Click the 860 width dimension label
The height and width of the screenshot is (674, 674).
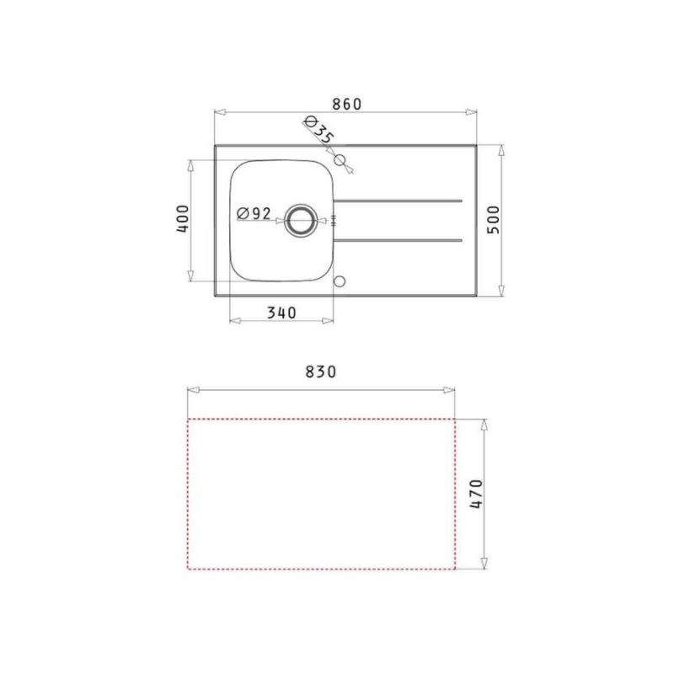[x=347, y=104]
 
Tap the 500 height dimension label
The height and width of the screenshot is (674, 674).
[x=494, y=220]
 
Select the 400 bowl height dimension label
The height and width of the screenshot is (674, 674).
[x=183, y=219]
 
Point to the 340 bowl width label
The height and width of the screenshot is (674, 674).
[x=281, y=313]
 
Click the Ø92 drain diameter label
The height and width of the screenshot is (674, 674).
[x=254, y=213]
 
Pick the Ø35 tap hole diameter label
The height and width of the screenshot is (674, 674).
[x=319, y=130]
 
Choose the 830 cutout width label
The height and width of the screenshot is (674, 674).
[x=321, y=372]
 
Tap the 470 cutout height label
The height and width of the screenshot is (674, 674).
[x=476, y=494]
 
